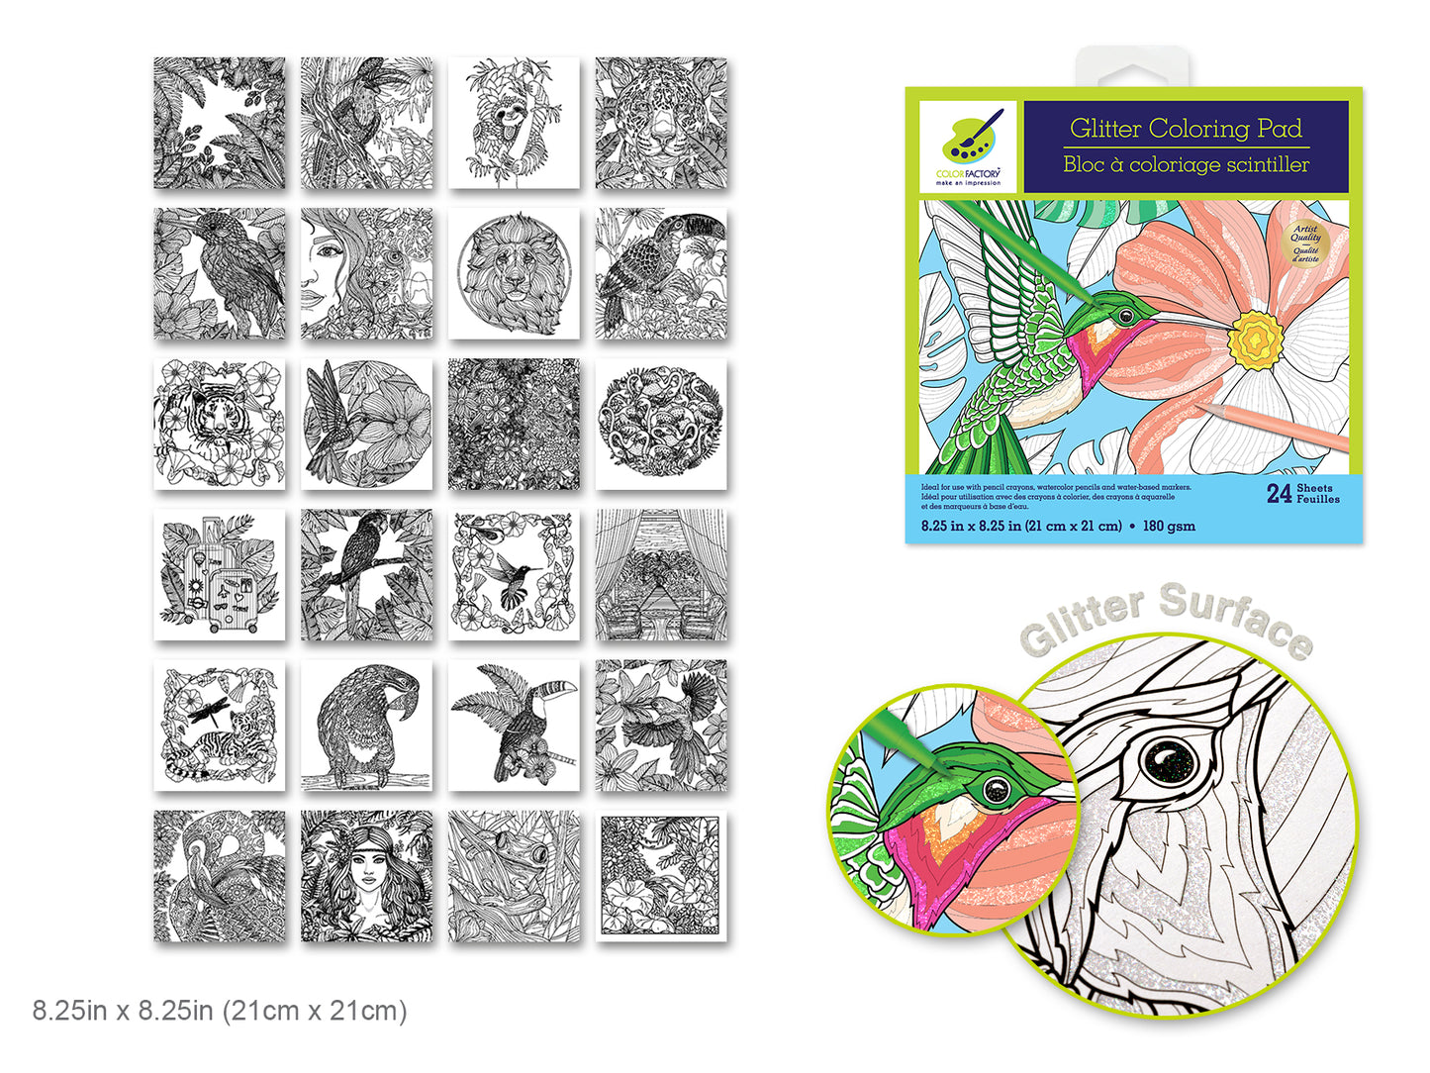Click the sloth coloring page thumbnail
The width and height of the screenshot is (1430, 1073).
point(514,123)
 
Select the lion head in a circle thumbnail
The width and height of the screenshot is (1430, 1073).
point(514,273)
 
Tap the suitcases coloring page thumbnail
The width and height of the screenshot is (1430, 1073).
point(220,575)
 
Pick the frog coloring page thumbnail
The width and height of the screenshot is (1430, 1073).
point(514,876)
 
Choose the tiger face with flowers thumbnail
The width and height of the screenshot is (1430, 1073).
point(220,424)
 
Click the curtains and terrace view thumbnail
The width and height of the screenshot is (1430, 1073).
point(661,575)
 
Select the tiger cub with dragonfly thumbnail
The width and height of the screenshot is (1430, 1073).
point(220,726)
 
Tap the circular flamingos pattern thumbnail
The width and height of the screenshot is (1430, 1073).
point(661,424)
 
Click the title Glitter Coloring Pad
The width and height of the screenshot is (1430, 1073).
point(1186,129)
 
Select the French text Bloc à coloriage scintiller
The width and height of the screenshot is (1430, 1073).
point(1186,165)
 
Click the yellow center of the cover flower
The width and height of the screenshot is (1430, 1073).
point(1255,340)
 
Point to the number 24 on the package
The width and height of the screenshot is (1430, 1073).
point(1279,494)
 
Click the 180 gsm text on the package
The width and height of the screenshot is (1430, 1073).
point(1169,527)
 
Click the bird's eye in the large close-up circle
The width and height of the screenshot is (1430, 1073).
point(1169,761)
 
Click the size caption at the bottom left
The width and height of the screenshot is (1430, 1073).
point(220,1011)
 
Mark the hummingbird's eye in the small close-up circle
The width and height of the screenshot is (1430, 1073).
point(997,790)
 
